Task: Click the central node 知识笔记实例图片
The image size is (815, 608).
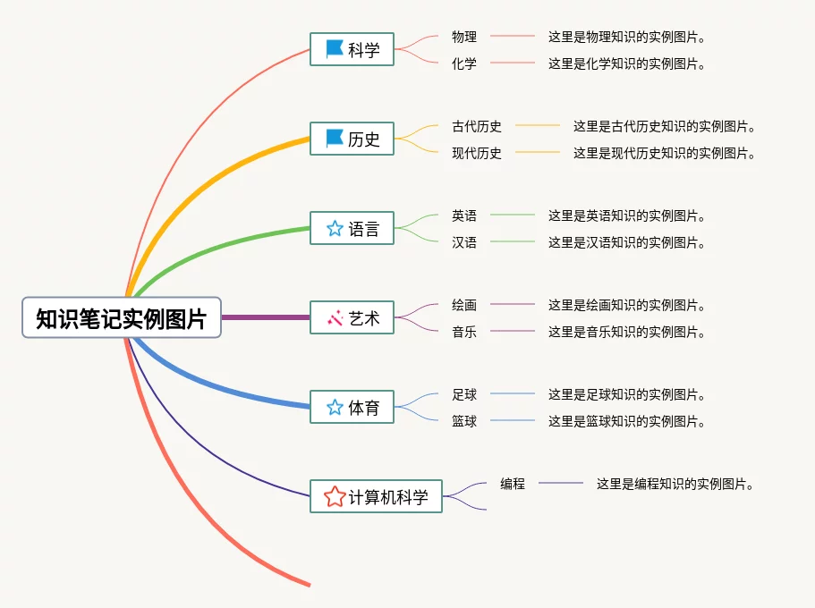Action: click(x=121, y=317)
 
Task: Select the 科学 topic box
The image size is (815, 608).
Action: click(x=352, y=49)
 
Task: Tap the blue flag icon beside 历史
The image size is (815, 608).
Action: click(x=335, y=138)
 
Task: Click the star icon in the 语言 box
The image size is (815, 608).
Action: click(x=335, y=228)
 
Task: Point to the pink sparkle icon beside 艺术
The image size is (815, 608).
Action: click(x=335, y=317)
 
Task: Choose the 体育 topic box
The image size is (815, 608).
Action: click(x=352, y=407)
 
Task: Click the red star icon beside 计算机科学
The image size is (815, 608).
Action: click(x=335, y=496)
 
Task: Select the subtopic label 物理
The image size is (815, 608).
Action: click(x=464, y=37)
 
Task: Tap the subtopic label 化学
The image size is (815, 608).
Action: click(x=464, y=63)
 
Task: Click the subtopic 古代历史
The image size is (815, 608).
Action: click(x=477, y=126)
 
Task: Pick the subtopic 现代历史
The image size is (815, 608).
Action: click(x=477, y=153)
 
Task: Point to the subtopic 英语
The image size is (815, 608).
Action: click(x=464, y=215)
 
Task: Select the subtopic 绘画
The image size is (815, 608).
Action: click(x=464, y=305)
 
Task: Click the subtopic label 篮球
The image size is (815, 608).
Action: click(x=464, y=421)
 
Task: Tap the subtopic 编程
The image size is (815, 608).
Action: click(x=513, y=484)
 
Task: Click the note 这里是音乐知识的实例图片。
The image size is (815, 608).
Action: click(x=627, y=332)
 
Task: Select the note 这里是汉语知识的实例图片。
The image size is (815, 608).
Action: click(x=627, y=242)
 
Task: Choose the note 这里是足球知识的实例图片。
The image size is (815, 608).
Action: click(x=627, y=394)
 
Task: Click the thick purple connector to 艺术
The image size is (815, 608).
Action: click(x=265, y=317)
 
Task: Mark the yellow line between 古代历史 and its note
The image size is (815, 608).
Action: click(x=537, y=126)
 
